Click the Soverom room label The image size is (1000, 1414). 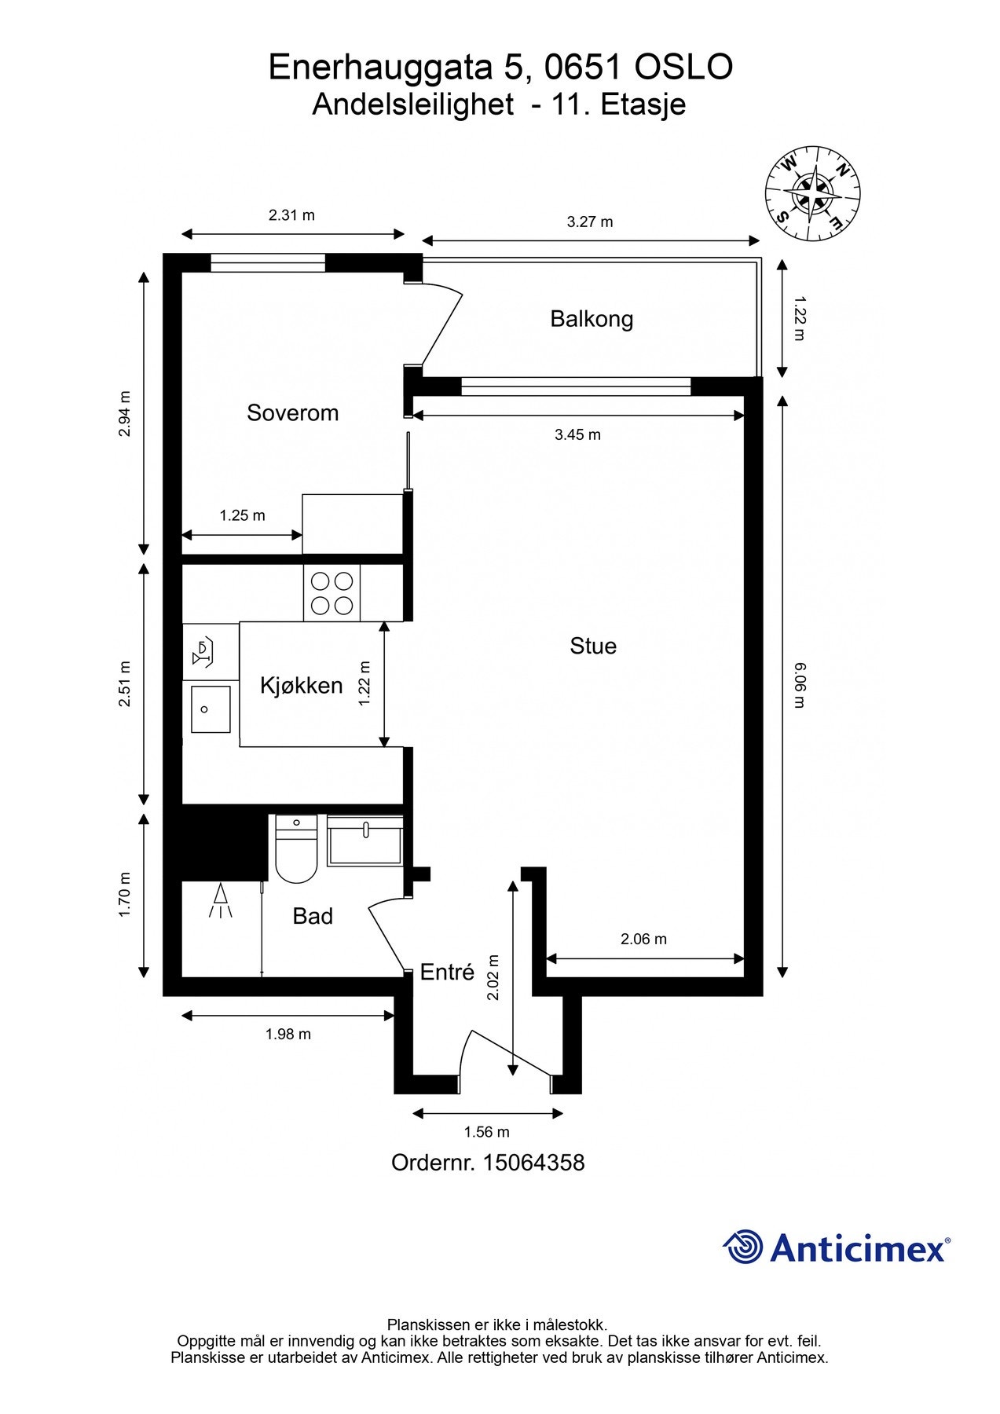pos(292,412)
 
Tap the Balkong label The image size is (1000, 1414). pos(592,319)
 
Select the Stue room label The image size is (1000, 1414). pos(593,646)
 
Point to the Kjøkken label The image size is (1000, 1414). pos(302,685)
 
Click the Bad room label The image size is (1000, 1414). pos(313,916)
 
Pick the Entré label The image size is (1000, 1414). pos(447,972)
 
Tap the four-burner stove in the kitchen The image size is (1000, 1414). pos(332,593)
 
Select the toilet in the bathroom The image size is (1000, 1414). pos(296,849)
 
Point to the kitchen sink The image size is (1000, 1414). pos(210,709)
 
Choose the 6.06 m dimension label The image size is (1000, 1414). pos(800,685)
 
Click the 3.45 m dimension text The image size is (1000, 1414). pos(577,435)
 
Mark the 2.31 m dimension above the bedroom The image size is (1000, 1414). pos(291,215)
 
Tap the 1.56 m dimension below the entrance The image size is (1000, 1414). pos(486,1132)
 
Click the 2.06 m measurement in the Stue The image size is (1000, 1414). pos(643,939)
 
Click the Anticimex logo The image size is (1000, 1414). pos(837,1247)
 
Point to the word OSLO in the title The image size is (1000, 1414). pos(683,68)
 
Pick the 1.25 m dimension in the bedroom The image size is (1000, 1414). pos(242,515)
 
